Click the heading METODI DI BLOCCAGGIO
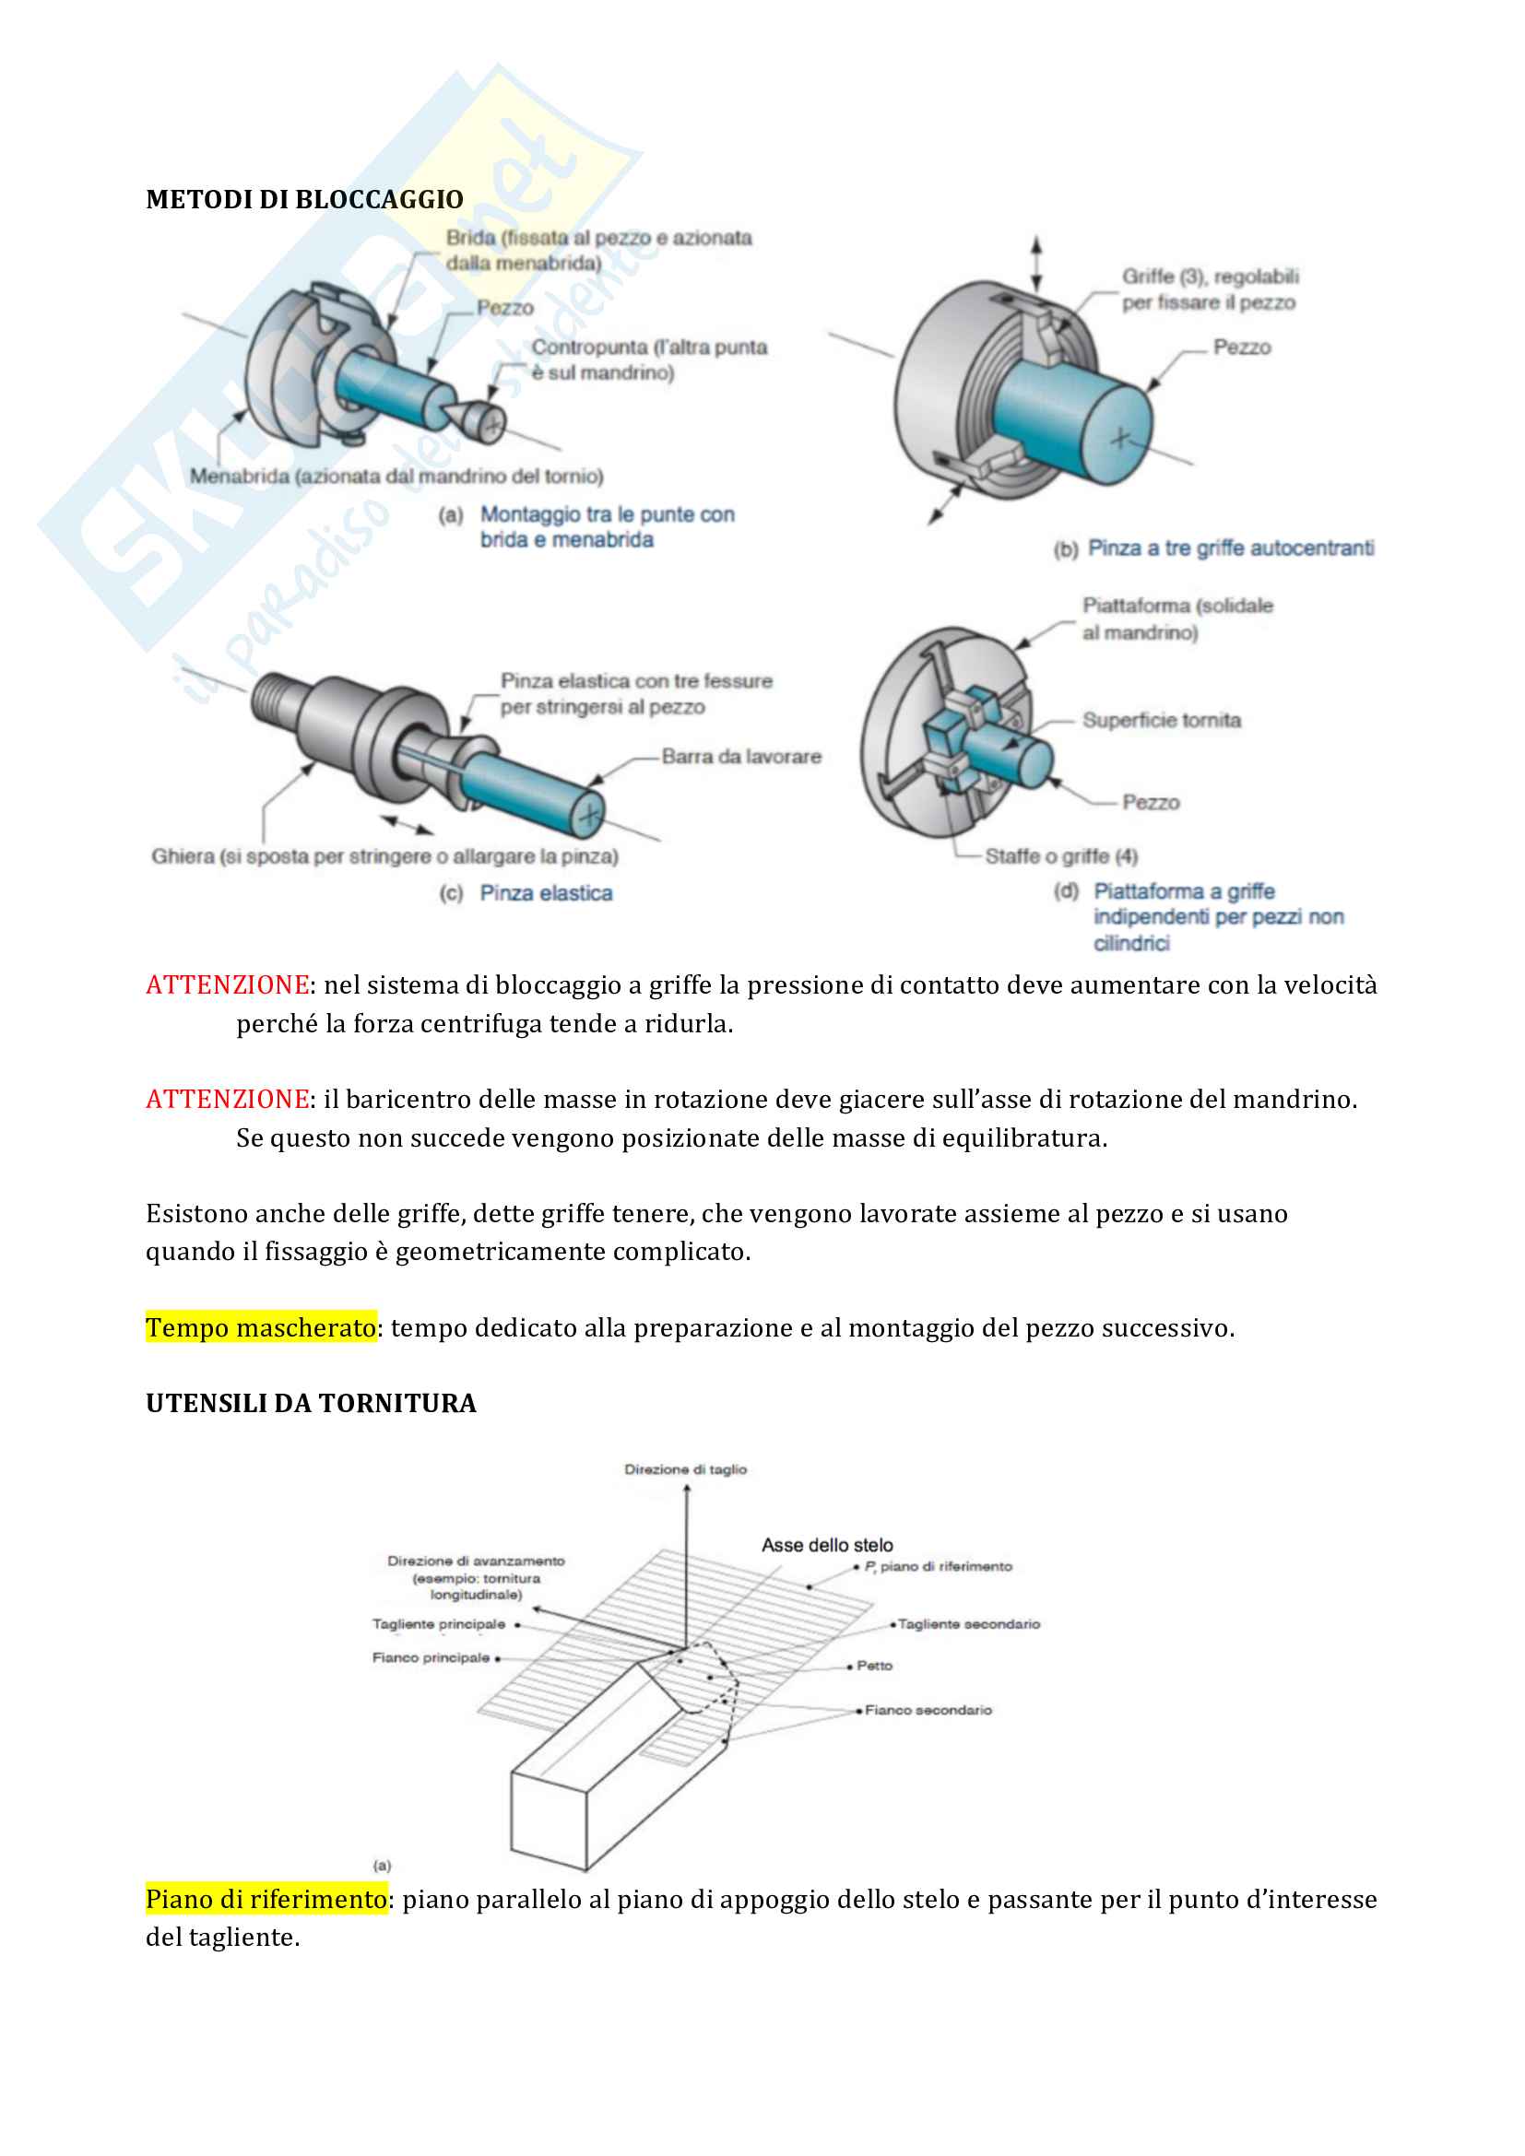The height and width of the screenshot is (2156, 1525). pyautogui.click(x=304, y=200)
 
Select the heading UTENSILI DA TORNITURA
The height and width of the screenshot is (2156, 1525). pyautogui.click(x=311, y=1404)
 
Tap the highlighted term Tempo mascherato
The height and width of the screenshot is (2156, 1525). pyautogui.click(x=261, y=1327)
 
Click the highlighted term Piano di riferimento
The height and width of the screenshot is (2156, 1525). pyautogui.click(x=266, y=1899)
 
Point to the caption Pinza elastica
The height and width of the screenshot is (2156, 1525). pyautogui.click(x=546, y=893)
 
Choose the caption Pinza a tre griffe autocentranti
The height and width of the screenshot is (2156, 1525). pyautogui.click(x=1230, y=548)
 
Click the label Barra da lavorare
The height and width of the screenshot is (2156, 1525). pyautogui.click(x=741, y=757)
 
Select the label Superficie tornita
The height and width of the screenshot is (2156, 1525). pyautogui.click(x=1162, y=720)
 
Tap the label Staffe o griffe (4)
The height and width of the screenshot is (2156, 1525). pyautogui.click(x=1061, y=856)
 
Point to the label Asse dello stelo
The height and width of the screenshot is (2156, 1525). pyautogui.click(x=827, y=1545)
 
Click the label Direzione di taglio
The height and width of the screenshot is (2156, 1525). pyautogui.click(x=685, y=1469)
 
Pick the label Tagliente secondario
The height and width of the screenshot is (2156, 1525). pyautogui.click(x=968, y=1623)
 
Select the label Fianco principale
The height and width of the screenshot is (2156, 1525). pyautogui.click(x=431, y=1657)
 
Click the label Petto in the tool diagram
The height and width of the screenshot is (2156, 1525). pyautogui.click(x=874, y=1666)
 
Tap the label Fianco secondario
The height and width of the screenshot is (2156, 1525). pyautogui.click(x=928, y=1710)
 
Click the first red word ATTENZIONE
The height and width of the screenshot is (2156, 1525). pyautogui.click(x=227, y=985)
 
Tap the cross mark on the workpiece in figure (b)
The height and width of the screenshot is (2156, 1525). pyautogui.click(x=1120, y=437)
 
